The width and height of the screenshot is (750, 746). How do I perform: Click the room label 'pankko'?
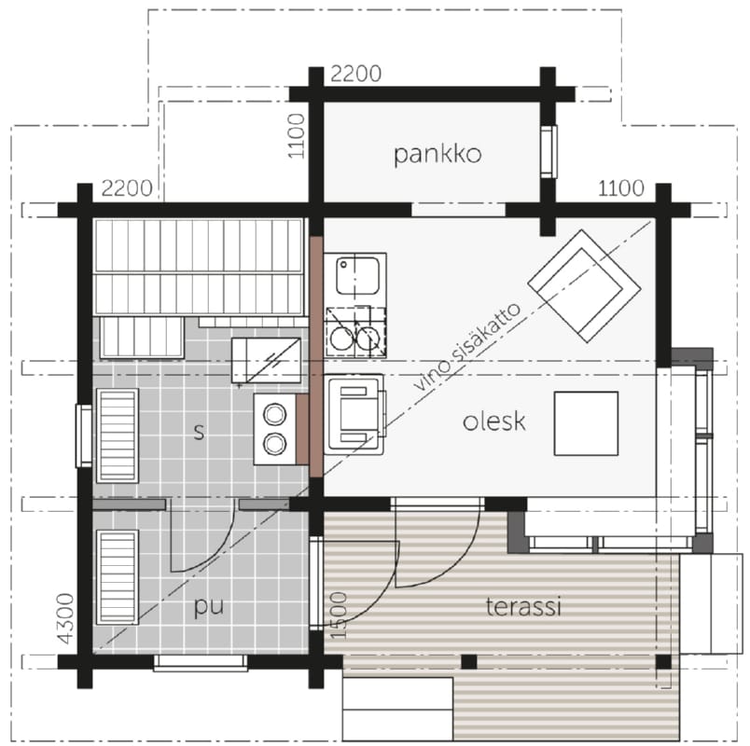(x=437, y=155)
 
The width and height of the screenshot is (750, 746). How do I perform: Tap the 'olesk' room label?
(x=494, y=421)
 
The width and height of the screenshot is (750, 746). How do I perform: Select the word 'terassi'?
(x=523, y=606)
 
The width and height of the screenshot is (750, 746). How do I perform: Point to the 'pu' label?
(x=209, y=607)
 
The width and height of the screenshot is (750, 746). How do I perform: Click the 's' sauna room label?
(x=199, y=432)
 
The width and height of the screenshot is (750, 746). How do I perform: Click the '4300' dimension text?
(x=65, y=618)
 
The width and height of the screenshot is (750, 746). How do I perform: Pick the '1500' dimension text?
(x=339, y=615)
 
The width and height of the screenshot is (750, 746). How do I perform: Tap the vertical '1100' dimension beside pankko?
(x=297, y=135)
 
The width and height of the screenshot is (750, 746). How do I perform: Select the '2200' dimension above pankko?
(x=355, y=74)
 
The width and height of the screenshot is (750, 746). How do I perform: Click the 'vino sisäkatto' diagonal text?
(x=466, y=347)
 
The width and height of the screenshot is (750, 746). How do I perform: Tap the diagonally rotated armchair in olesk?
(x=584, y=286)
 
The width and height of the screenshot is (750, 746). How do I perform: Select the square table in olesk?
(x=586, y=423)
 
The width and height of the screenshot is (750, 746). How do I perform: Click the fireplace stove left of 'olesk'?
(x=354, y=414)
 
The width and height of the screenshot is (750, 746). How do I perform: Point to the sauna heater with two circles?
(x=275, y=428)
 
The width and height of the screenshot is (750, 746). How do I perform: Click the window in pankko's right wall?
(x=549, y=152)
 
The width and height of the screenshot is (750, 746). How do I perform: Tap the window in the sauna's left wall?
(x=84, y=435)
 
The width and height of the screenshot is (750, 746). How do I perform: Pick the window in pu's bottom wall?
(x=201, y=663)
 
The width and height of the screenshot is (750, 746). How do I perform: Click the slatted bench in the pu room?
(x=118, y=577)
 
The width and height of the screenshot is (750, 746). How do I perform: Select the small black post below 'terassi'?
(x=469, y=662)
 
